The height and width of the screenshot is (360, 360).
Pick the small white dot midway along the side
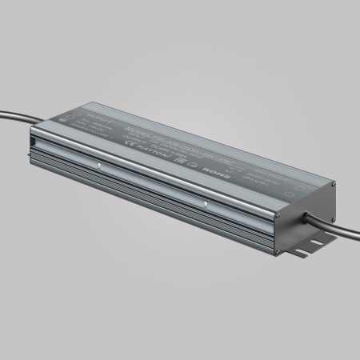click(206, 205)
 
